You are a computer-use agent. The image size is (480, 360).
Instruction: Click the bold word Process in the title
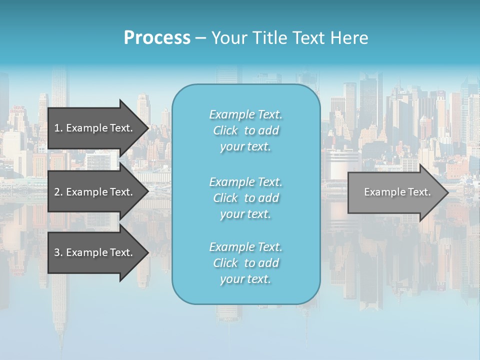pyautogui.click(x=157, y=38)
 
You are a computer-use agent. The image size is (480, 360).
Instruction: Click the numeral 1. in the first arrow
pyautogui.click(x=58, y=128)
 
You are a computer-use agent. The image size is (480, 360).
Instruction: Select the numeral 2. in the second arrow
pyautogui.click(x=58, y=192)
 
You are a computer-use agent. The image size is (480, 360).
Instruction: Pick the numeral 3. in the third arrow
pyautogui.click(x=58, y=252)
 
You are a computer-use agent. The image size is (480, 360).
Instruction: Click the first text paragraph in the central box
pyautogui.click(x=245, y=130)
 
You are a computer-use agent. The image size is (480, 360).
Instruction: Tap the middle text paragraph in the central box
pyautogui.click(x=245, y=198)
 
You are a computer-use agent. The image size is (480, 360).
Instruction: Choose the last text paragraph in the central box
pyautogui.click(x=245, y=263)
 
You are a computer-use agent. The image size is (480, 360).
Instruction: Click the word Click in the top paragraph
pyautogui.click(x=225, y=131)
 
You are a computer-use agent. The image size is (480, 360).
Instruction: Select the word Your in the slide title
pyautogui.click(x=228, y=38)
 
